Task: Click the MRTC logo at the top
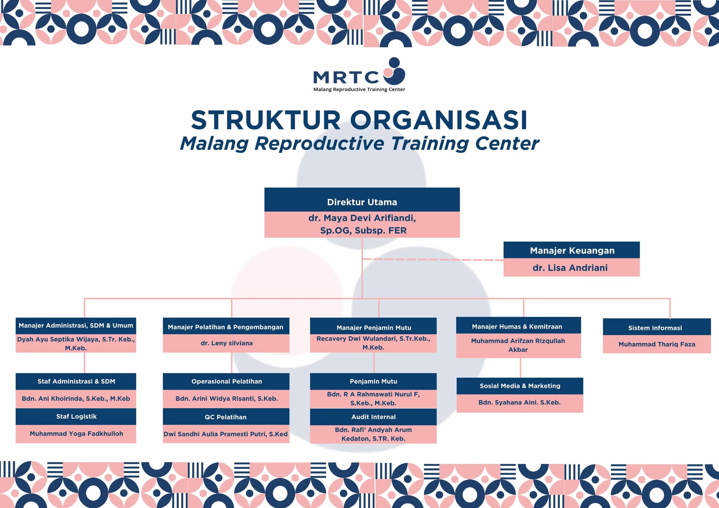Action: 359,74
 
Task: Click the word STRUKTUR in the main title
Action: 266,120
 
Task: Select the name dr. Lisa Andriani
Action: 570,267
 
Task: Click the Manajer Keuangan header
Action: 571,250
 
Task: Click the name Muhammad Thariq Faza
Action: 656,344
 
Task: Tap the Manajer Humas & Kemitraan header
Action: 518,326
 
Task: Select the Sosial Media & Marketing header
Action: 520,386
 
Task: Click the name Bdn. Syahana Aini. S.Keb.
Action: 519,403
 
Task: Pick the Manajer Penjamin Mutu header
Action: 373,327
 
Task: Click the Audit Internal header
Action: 373,417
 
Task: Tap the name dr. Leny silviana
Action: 226,343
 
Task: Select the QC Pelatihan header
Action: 225,417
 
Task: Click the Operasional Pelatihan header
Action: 226,381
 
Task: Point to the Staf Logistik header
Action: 76,417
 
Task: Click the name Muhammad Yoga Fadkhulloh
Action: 76,434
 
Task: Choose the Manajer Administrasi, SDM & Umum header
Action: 76,326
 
